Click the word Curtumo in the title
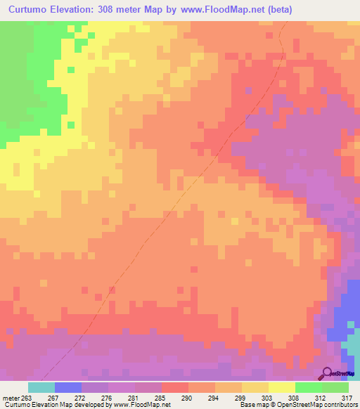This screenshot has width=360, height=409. (x=31, y=10)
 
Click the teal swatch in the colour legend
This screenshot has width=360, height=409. (x=41, y=387)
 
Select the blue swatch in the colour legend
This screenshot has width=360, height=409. (x=67, y=387)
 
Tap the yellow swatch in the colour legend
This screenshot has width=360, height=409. (x=281, y=387)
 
